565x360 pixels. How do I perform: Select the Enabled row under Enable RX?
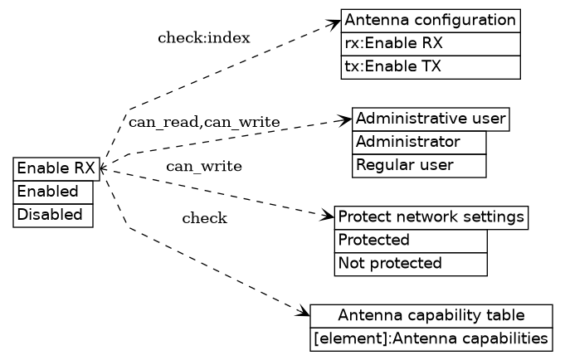click(53, 192)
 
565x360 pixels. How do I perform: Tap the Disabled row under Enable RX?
click(53, 214)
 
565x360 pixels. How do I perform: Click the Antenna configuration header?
click(430, 20)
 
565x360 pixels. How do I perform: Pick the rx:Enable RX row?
click(430, 43)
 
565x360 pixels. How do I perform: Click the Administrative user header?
click(430, 119)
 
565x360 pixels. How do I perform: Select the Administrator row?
click(419, 142)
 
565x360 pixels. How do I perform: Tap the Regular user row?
click(419, 165)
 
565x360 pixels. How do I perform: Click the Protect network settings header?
click(431, 217)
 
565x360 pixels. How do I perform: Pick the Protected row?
click(411, 241)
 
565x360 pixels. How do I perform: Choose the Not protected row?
click(411, 264)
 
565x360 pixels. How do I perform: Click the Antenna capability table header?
click(431, 315)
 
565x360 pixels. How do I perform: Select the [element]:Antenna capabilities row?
click(431, 338)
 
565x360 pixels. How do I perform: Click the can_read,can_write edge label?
click(203, 123)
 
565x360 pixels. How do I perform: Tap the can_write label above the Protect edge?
click(203, 167)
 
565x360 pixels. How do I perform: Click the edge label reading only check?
click(204, 219)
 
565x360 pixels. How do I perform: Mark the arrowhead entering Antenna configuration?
click(334, 23)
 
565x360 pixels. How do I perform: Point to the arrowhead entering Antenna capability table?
click(304, 313)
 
